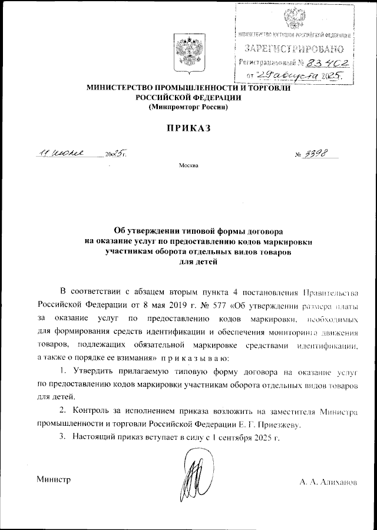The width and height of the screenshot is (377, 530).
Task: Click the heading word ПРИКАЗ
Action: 188,128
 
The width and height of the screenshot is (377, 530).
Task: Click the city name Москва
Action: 188,165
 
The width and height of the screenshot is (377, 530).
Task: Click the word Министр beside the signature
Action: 54,479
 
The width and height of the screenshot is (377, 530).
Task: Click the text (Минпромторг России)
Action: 188,108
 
